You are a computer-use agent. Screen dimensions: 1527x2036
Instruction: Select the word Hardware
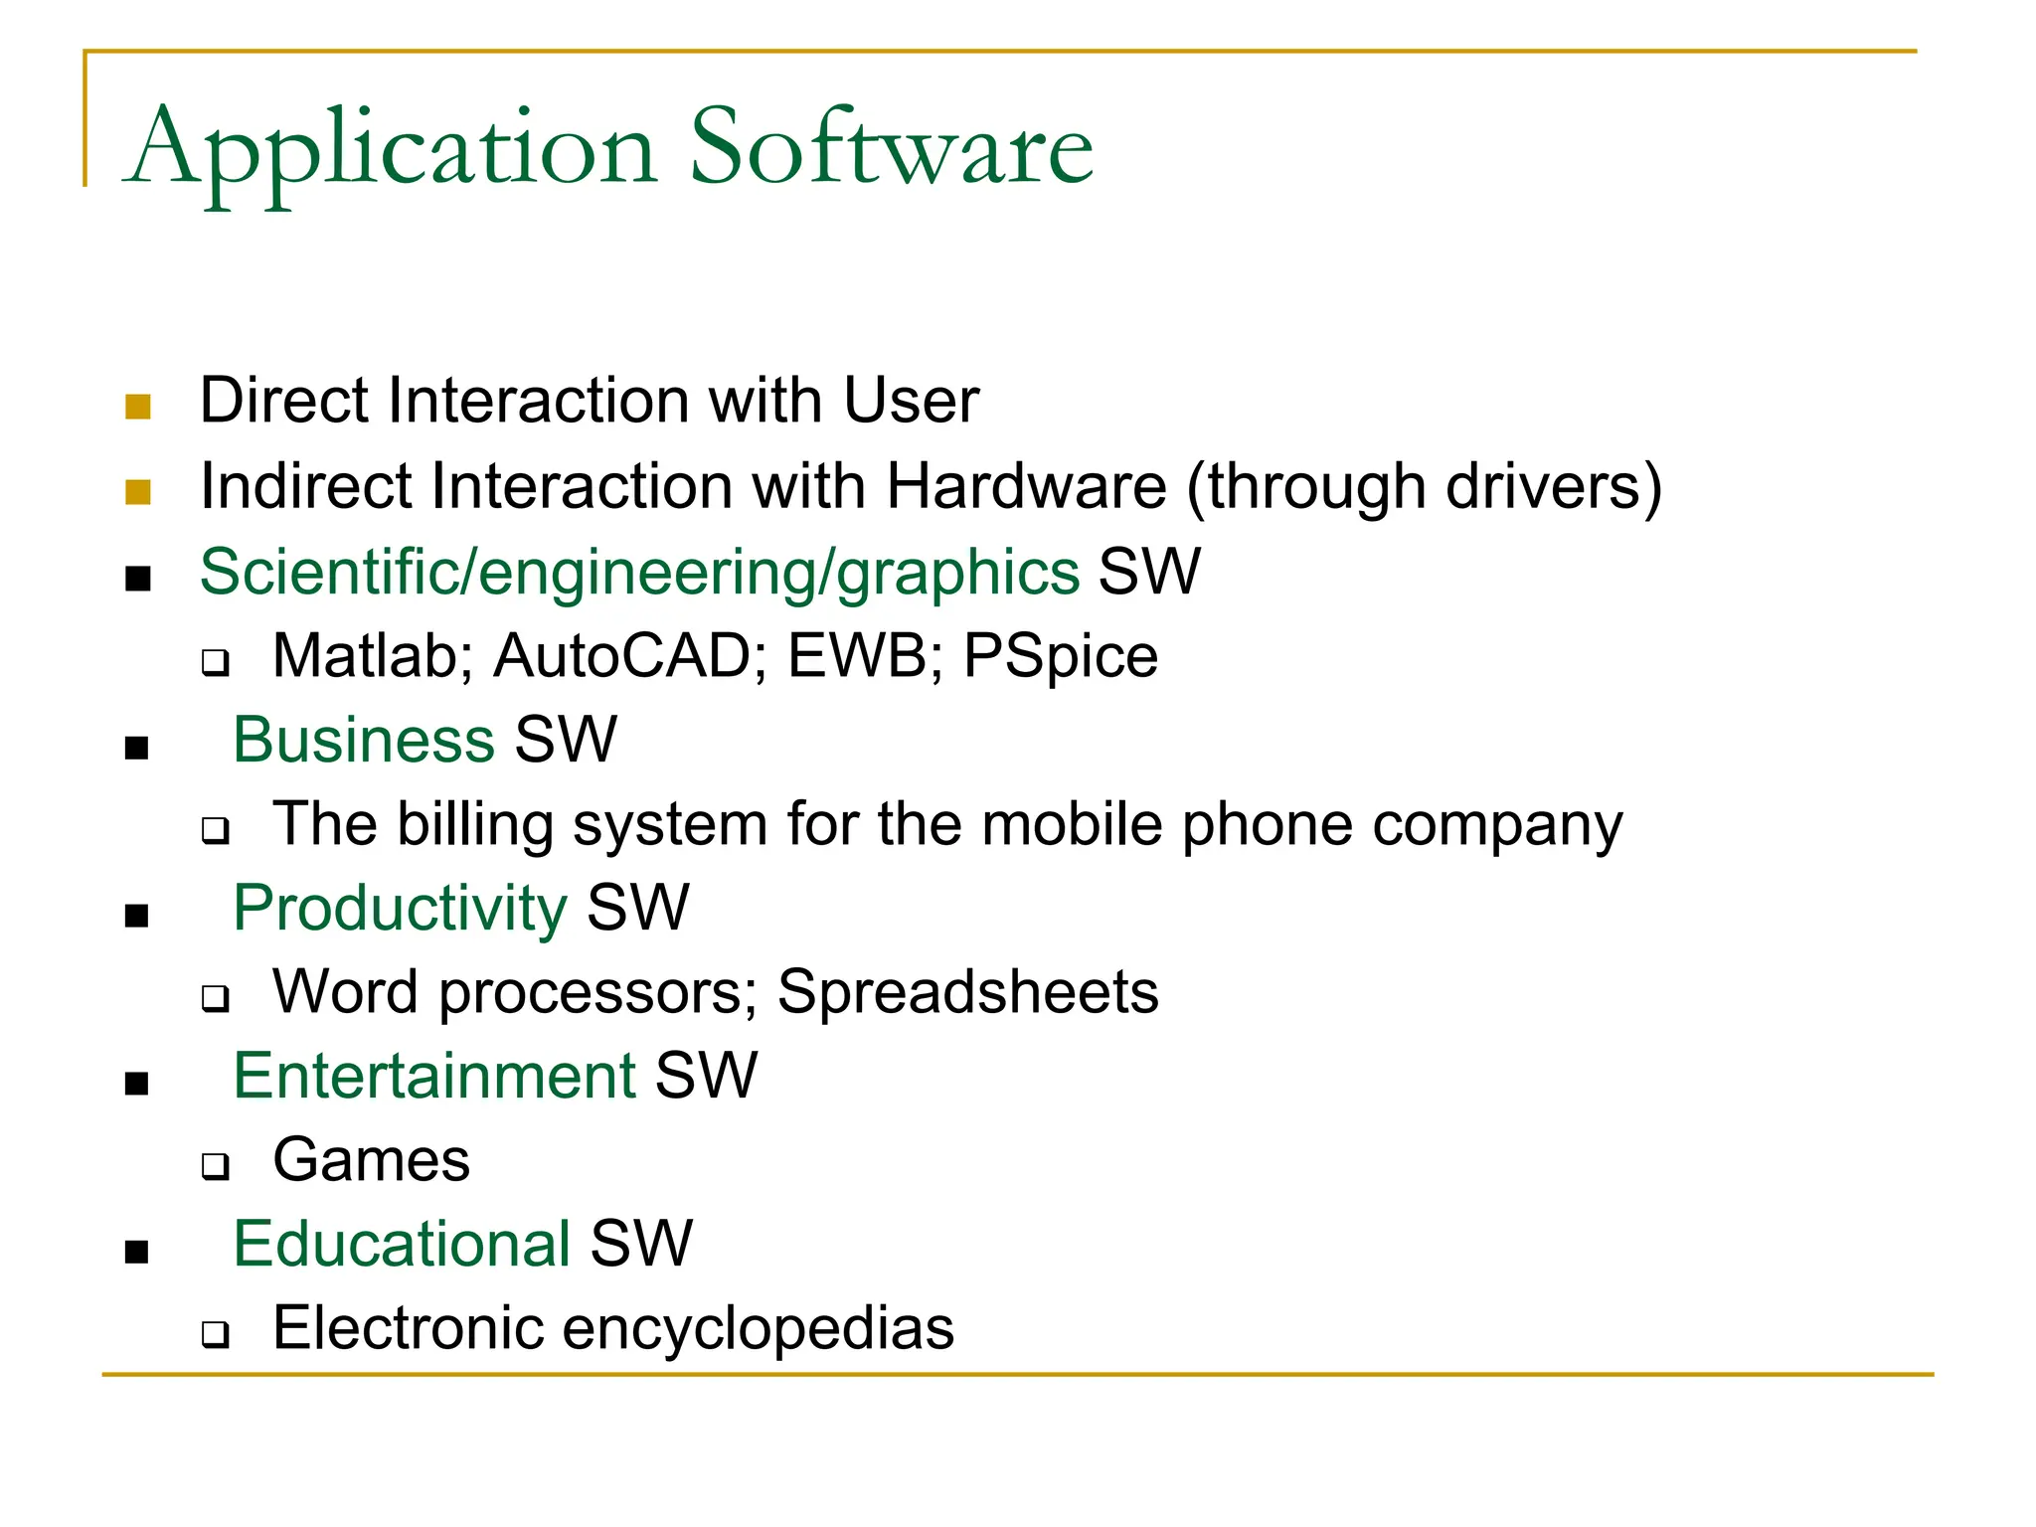pos(1026,486)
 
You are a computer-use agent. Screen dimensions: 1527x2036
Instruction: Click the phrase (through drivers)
pos(1424,486)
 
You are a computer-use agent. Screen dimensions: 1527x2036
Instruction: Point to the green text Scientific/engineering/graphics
pos(639,573)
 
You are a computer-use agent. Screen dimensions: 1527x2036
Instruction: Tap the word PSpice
pos(1060,656)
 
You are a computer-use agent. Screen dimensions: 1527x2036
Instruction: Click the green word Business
pos(364,740)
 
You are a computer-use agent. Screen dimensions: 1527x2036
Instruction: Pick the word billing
pos(475,824)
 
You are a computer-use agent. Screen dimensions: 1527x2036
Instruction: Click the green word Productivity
pos(400,908)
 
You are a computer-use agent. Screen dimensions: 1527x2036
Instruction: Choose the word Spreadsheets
pos(967,992)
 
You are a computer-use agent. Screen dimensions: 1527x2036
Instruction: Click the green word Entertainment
pos(434,1076)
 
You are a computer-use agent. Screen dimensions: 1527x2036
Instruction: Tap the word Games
pos(371,1160)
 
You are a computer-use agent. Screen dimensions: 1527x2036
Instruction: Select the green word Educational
pos(402,1244)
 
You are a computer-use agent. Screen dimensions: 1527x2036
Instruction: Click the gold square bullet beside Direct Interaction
pos(138,406)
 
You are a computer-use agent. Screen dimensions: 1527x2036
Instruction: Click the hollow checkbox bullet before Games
pos(215,1165)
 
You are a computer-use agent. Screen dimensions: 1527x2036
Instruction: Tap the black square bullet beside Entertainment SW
pos(137,1083)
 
